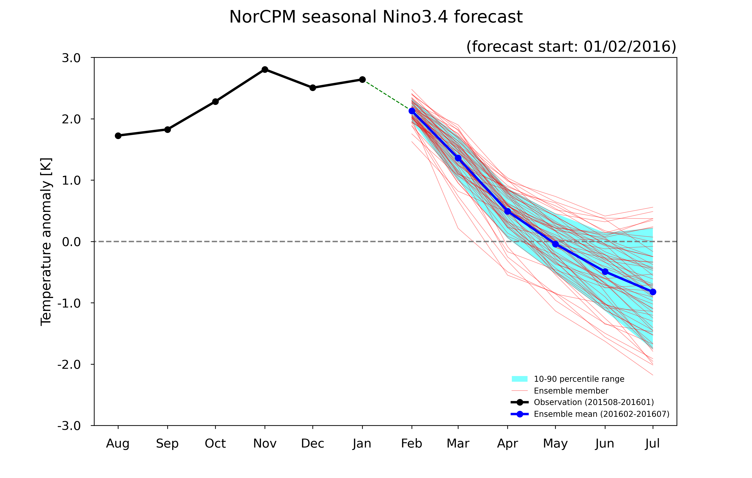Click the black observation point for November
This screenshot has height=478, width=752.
(x=265, y=70)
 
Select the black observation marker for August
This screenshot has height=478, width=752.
(x=118, y=136)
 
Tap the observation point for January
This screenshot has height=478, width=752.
(x=362, y=80)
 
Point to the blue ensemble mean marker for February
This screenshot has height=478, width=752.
(x=412, y=111)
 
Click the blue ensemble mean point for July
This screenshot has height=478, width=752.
(x=653, y=292)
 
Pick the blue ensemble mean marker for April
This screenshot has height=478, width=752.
(x=507, y=211)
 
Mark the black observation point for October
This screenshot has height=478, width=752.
(x=215, y=102)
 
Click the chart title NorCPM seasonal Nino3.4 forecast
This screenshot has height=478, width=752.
(x=376, y=17)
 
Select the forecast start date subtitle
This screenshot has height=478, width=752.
(x=571, y=46)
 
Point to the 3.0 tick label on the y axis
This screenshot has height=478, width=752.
(x=71, y=58)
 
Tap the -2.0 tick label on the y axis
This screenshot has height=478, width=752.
(x=69, y=364)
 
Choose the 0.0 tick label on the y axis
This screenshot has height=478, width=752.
(x=71, y=242)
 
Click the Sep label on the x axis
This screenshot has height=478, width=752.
(x=167, y=444)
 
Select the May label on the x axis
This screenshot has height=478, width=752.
(x=555, y=444)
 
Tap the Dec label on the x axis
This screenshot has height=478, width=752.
(x=313, y=443)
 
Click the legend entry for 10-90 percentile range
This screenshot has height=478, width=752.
(x=568, y=379)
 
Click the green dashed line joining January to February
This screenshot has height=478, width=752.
(x=387, y=95)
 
